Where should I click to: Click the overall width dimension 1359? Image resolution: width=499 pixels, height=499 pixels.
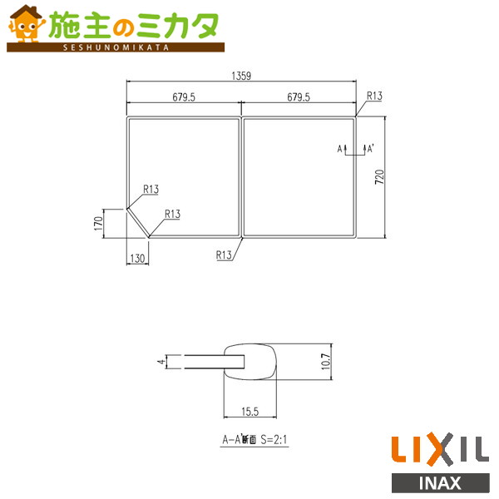[x=240, y=76]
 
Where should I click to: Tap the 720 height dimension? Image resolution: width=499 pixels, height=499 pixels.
[x=379, y=176]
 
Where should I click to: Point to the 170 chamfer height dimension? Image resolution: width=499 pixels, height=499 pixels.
[x=97, y=222]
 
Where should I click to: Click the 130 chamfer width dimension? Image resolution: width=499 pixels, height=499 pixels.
[x=136, y=258]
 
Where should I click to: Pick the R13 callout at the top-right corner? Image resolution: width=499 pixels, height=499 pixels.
[x=373, y=96]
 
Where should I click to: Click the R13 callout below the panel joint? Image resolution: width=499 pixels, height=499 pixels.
[x=223, y=254]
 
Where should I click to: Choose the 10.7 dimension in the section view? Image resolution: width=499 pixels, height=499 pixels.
[x=326, y=362]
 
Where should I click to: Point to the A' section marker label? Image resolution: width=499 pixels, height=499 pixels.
[x=370, y=149]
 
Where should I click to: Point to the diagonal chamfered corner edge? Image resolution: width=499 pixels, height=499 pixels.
[x=137, y=221]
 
